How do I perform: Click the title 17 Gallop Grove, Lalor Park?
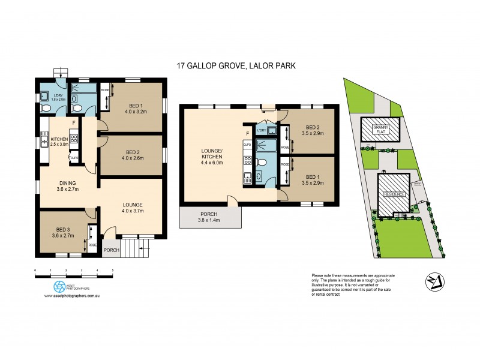[x=239, y=67]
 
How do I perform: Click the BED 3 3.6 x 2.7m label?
[x=61, y=231]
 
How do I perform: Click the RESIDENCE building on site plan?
[x=394, y=193]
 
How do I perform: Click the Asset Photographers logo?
[x=59, y=286]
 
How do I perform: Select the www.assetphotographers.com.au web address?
[x=71, y=296]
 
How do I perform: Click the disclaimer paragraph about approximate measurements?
[x=358, y=287]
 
